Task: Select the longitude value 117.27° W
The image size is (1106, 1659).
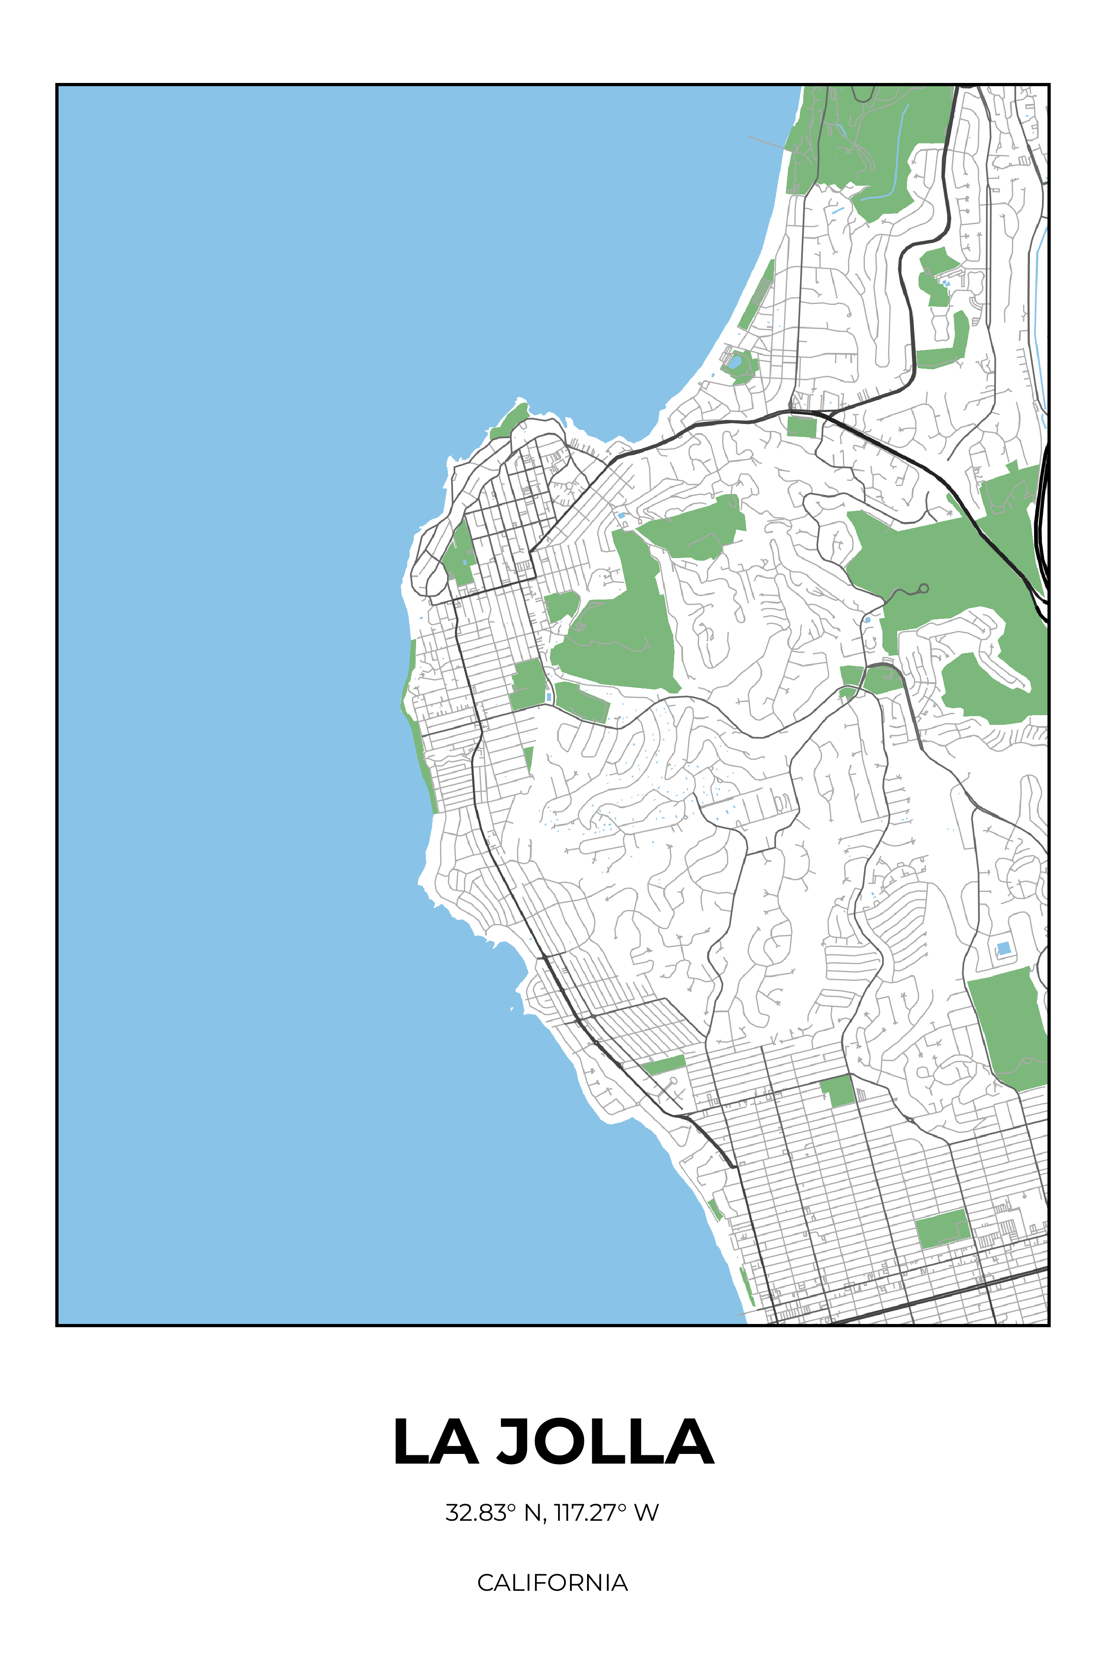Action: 606,1512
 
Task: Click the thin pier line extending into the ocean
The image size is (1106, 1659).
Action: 767,143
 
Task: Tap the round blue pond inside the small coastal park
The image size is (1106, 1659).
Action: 735,363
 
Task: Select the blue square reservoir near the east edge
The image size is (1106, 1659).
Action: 1003,948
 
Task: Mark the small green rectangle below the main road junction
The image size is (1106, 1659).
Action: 801,427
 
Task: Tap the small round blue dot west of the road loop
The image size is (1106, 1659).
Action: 867,619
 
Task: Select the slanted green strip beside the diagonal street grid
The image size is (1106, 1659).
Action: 664,1065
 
